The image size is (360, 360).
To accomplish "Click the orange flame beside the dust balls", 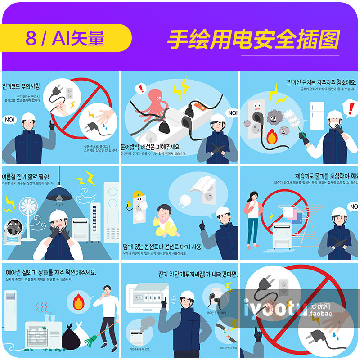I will pos(271,137).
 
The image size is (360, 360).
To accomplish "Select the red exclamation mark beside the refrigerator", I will pos(349,108).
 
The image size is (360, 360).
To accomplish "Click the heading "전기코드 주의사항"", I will pos(22,86).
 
